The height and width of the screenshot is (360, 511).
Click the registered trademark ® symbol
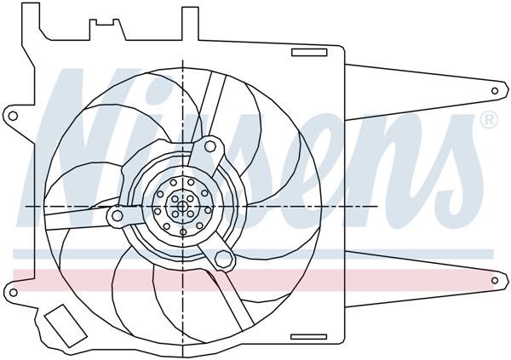click(489, 121)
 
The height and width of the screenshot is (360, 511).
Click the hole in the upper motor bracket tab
click(210, 147)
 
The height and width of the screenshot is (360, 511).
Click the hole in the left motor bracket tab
click(116, 217)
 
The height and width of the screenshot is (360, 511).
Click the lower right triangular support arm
click(409, 272)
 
